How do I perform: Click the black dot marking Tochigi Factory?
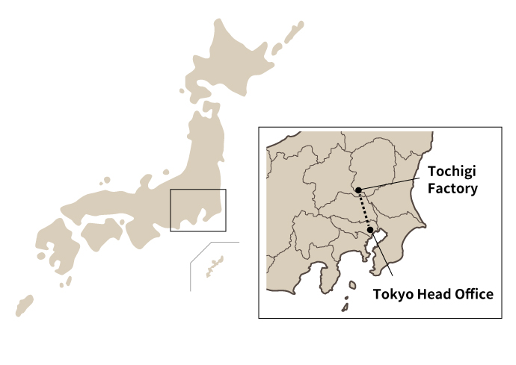[x=359, y=190]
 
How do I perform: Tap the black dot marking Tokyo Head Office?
[x=370, y=230]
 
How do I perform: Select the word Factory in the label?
[x=452, y=189]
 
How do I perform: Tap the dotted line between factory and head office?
[x=364, y=210]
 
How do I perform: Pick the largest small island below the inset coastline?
[x=352, y=284]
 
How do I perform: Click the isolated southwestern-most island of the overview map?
[x=25, y=305]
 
